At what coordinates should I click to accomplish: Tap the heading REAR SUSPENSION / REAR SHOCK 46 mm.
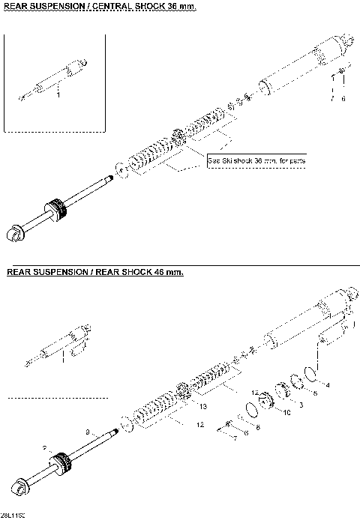point(94,272)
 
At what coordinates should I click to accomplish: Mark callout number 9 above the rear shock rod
point(88,432)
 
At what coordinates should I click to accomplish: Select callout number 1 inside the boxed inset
point(58,94)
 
